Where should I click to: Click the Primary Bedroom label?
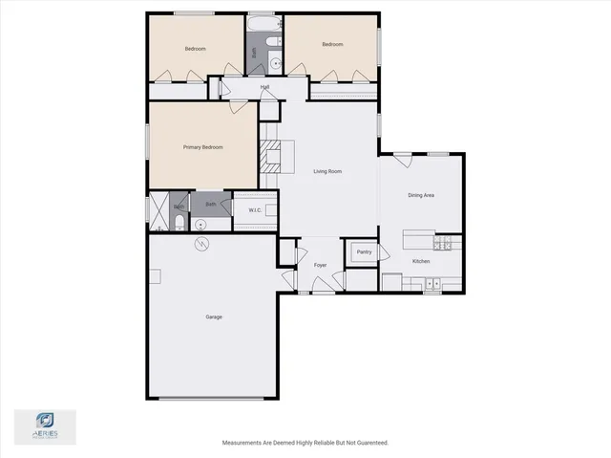click(x=202, y=147)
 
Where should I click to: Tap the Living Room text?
click(x=327, y=172)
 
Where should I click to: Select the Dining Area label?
click(x=421, y=195)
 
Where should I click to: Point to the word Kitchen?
click(x=421, y=261)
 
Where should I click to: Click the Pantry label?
click(x=363, y=252)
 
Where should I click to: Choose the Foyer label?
click(x=320, y=265)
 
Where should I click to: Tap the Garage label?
click(x=214, y=316)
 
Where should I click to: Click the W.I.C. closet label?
click(x=255, y=210)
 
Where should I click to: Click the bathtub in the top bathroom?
click(x=261, y=23)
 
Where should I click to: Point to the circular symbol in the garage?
click(x=200, y=245)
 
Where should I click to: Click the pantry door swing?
click(x=383, y=252)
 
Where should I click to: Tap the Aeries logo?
click(x=44, y=424)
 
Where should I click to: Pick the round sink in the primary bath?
click(x=200, y=225)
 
